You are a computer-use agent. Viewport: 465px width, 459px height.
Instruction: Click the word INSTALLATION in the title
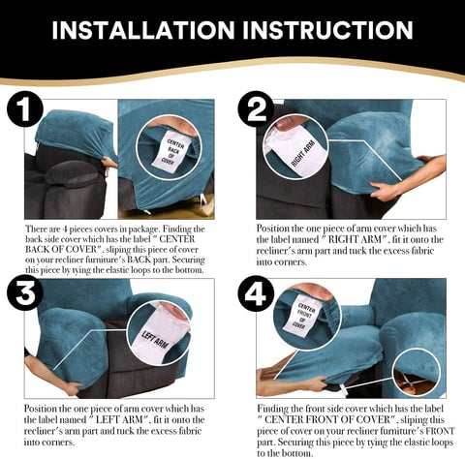coord(143,30)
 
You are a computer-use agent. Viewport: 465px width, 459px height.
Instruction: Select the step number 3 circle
coord(25,293)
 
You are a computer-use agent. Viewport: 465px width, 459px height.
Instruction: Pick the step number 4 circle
coord(256,293)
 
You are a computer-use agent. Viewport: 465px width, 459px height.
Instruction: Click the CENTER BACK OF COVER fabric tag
coord(171,151)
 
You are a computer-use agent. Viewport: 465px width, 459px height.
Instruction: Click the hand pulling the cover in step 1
coord(109,161)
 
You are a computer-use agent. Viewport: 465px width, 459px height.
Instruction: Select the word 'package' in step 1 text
coord(143,229)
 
